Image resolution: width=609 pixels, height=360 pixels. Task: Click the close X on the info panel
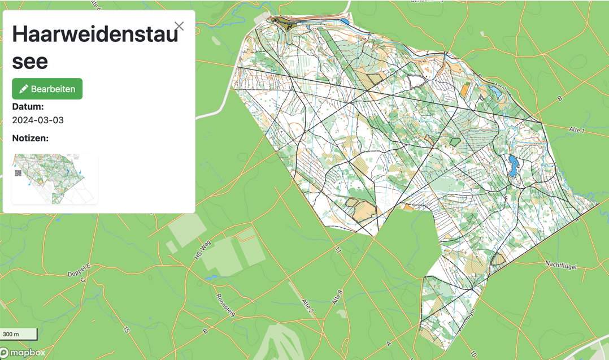(179, 26)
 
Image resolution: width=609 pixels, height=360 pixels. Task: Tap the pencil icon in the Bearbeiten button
(24, 89)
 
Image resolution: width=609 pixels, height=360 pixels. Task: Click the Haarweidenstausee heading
(95, 47)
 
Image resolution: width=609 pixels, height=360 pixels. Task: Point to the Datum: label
(28, 106)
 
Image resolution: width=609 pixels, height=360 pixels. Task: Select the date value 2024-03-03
(38, 120)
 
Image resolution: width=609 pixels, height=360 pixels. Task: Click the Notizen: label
(31, 138)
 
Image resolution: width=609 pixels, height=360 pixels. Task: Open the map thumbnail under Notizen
(55, 179)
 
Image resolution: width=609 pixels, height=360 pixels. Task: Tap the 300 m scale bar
(19, 334)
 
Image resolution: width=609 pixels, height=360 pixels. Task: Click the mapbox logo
(23, 353)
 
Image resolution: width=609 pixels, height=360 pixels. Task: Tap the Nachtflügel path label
(560, 264)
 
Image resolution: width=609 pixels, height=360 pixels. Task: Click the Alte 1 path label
(577, 131)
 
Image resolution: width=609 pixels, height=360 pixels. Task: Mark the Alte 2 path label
(307, 306)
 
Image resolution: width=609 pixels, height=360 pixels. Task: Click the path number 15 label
(127, 329)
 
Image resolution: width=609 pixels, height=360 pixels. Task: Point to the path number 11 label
(338, 250)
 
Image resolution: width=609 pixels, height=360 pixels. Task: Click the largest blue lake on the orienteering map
(514, 166)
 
